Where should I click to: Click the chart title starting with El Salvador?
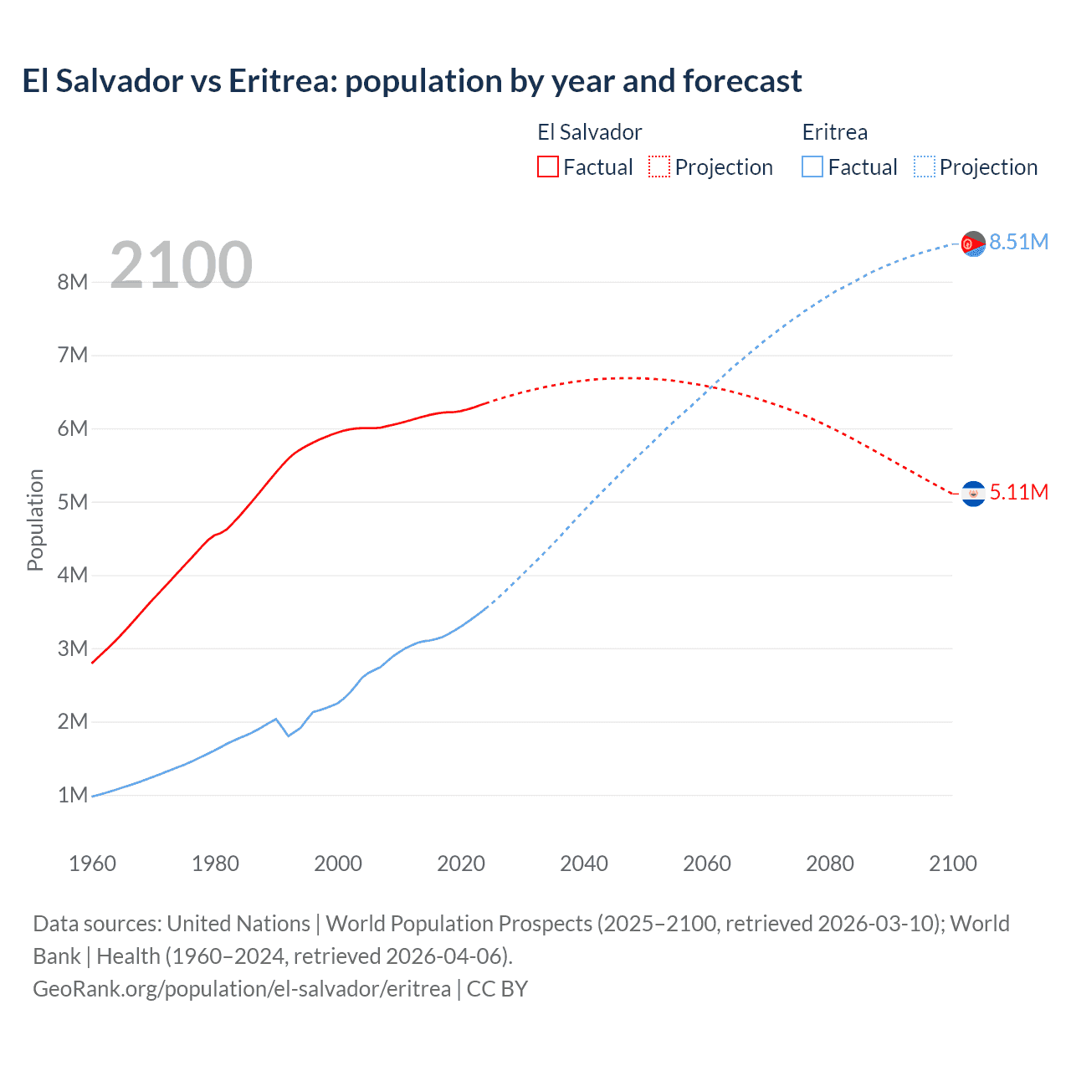click(412, 81)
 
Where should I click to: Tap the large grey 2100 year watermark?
click(181, 265)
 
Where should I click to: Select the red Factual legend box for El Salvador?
click(547, 167)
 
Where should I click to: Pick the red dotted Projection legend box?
click(659, 167)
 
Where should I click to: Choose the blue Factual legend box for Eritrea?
click(812, 167)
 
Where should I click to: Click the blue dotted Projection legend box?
click(925, 167)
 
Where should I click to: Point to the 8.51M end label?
click(1018, 242)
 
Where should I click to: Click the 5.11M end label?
click(1018, 492)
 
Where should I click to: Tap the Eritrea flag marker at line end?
click(973, 243)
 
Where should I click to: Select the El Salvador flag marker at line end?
click(973, 495)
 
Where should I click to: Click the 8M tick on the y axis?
click(73, 282)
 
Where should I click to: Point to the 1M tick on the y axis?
click(73, 795)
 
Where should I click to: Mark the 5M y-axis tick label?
click(73, 502)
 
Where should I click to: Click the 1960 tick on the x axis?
click(92, 863)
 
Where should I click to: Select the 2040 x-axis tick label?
click(584, 863)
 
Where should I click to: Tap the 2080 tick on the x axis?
click(830, 863)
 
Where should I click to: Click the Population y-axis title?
click(35, 520)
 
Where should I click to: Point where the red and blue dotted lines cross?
click(711, 387)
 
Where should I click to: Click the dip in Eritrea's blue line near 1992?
click(288, 735)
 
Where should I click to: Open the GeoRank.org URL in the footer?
click(242, 989)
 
